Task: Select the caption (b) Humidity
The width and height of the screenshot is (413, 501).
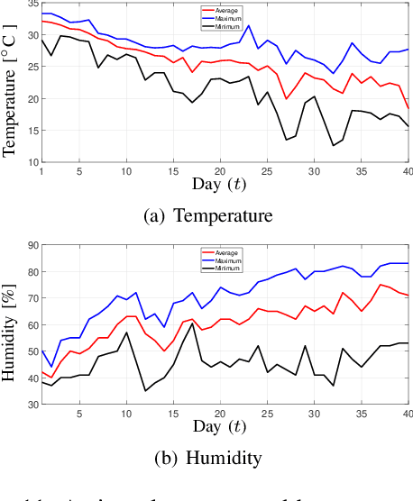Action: pos(206,458)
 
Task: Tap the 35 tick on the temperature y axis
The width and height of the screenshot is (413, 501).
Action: pos(32,5)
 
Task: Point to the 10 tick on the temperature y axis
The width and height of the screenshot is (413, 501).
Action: pos(32,162)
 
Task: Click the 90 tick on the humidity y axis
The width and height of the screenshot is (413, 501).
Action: pos(32,245)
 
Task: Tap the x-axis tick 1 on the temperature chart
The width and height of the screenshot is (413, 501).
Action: pos(41,172)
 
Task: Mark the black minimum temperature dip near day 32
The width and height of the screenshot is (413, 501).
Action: pos(333,145)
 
